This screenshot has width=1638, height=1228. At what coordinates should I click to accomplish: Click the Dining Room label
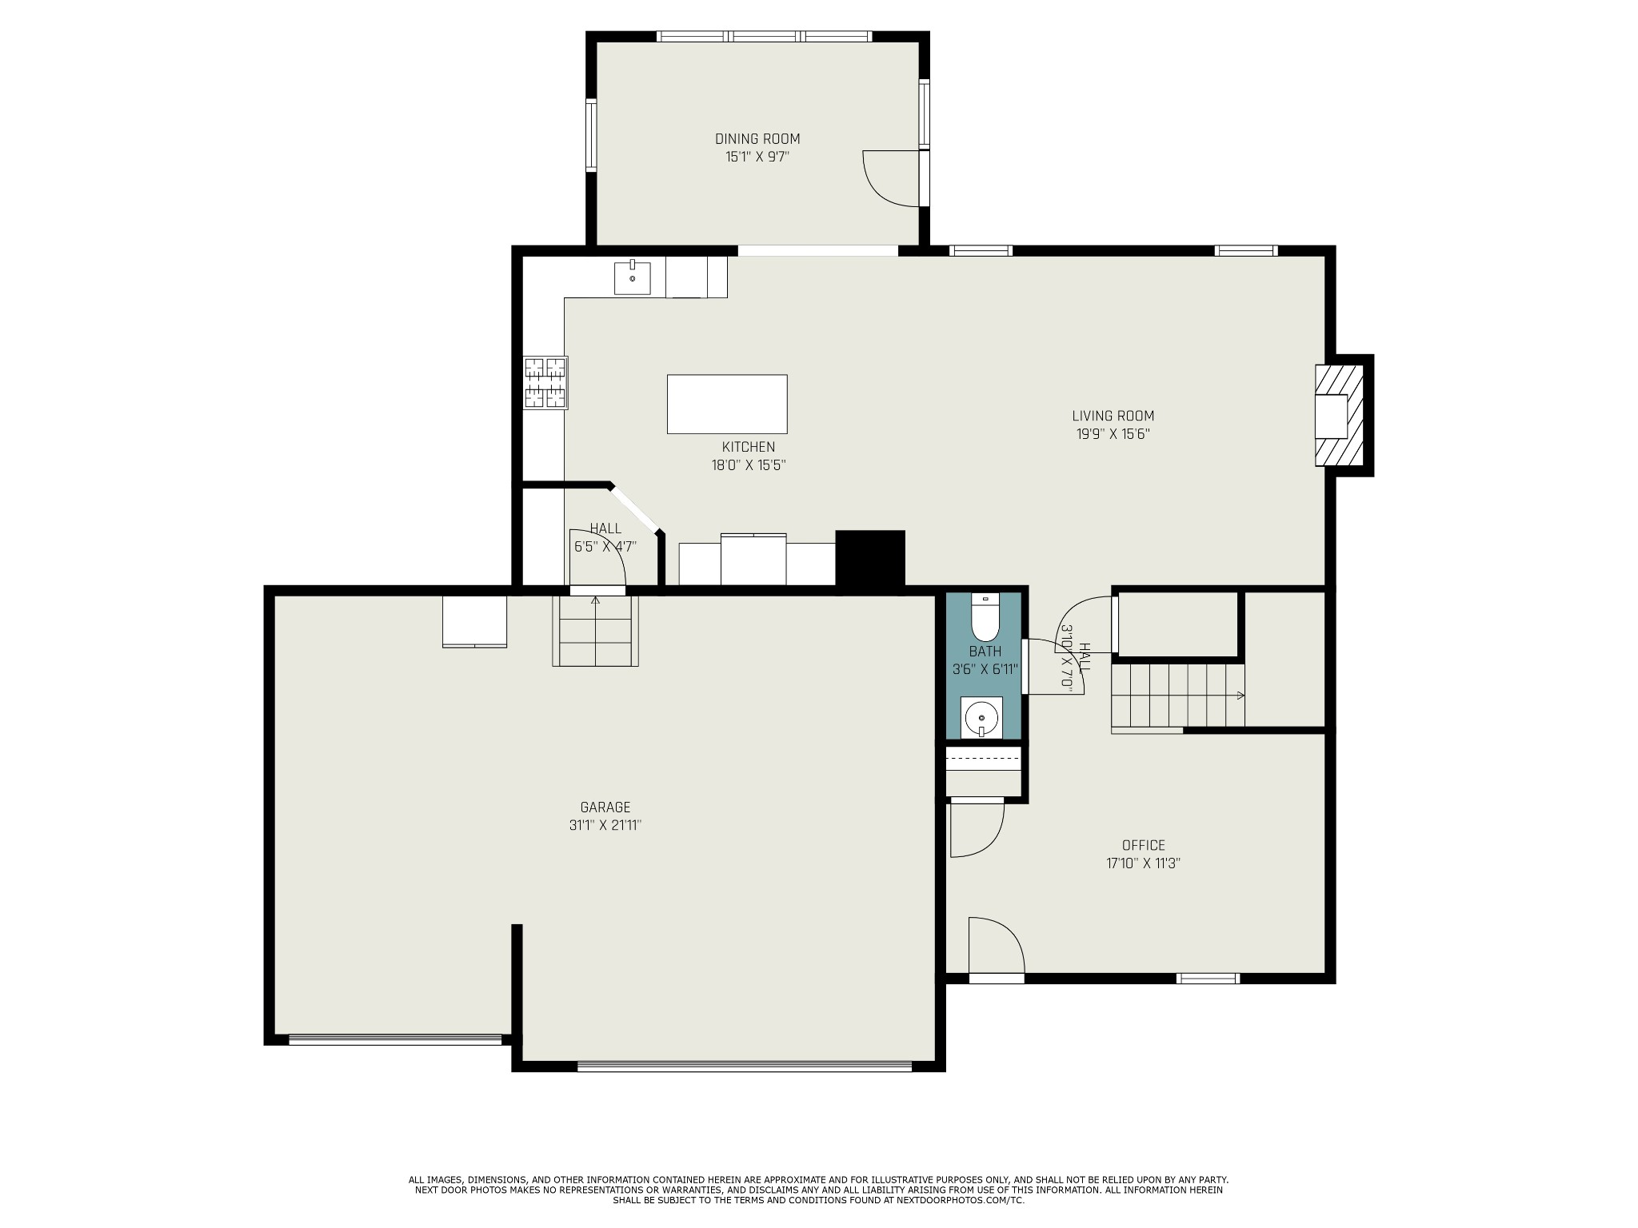757,139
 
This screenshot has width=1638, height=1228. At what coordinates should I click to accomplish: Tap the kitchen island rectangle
727,404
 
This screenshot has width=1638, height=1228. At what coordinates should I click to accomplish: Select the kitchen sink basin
632,277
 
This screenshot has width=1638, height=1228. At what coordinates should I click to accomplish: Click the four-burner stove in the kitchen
545,383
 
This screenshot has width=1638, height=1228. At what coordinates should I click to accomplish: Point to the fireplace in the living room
1340,416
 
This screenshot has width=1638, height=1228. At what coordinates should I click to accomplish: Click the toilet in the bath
985,617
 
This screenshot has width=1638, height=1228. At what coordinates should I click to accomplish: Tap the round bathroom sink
981,718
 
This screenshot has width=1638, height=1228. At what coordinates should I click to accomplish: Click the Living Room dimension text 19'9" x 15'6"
1113,435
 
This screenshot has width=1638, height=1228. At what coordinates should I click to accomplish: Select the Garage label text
605,807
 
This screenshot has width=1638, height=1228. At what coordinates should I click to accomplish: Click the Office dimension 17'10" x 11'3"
1144,863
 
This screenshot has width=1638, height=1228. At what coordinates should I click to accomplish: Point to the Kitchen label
749,448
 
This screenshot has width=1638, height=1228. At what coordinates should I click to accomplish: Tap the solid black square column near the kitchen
870,559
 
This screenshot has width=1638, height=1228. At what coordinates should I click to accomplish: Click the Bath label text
985,652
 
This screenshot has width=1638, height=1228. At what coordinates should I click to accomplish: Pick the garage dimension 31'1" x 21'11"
605,826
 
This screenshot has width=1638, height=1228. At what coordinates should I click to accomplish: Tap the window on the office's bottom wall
1208,978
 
